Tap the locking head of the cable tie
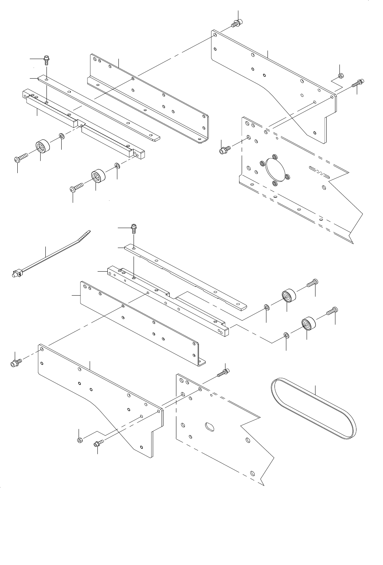(x=15, y=274)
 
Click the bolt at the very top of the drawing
(x=236, y=24)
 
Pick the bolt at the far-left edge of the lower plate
(x=16, y=362)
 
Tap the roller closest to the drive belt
(x=307, y=324)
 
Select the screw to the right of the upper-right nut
(x=358, y=83)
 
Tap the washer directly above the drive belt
(x=286, y=335)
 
